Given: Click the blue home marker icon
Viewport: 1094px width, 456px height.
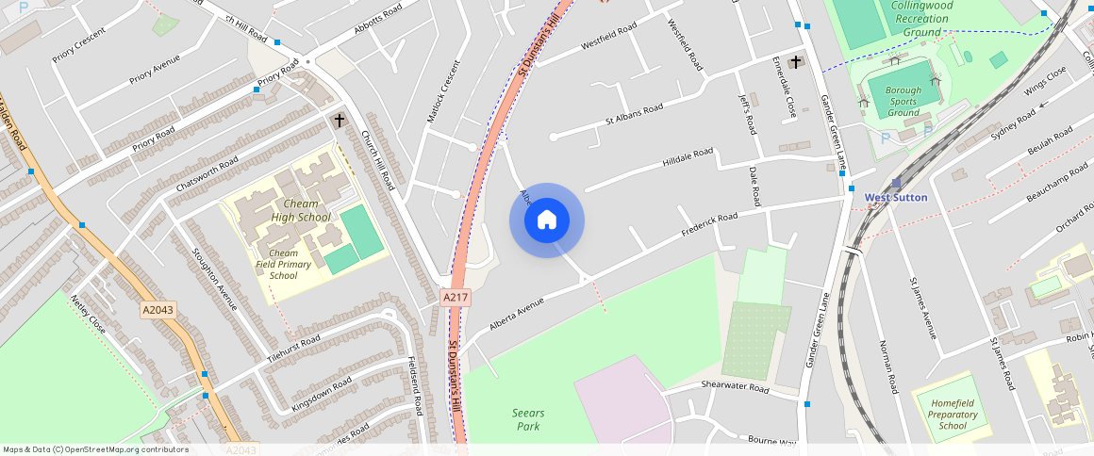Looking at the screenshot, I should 546,220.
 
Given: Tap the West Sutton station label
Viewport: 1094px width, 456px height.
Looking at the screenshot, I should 896,197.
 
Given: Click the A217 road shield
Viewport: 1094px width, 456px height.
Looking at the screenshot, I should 456,297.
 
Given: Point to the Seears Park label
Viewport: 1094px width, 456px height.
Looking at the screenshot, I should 528,419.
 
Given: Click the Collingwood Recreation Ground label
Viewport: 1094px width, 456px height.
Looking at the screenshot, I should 921,19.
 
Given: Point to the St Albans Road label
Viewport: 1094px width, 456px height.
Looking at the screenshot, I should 635,113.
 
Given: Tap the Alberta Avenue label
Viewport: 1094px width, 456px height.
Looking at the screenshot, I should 517,315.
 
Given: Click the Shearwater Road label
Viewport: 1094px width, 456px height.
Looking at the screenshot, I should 736,386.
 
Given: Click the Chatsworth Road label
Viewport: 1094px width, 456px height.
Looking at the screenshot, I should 207,174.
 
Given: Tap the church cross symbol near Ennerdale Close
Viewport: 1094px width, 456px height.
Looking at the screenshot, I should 795,62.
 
